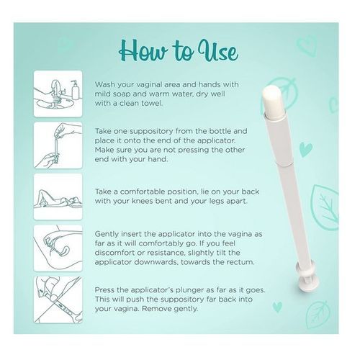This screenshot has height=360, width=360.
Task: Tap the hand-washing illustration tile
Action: [x=58, y=94]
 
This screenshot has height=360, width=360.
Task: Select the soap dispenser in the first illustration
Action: [x=75, y=89]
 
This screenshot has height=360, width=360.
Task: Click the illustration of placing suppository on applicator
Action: [x=58, y=145]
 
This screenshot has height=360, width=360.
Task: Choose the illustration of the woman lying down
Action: [x=58, y=197]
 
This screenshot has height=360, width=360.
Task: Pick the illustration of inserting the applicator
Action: [x=58, y=248]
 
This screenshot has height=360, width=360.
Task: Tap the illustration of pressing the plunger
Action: [x=58, y=300]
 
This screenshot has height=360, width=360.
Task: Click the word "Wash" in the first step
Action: [x=104, y=84]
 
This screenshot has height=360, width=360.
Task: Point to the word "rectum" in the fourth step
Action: [x=242, y=262]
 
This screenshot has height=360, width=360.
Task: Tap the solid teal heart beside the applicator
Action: [x=306, y=150]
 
